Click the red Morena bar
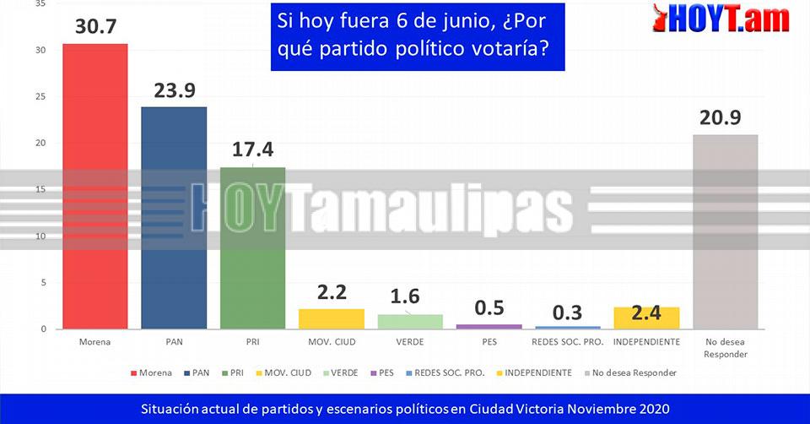[x=94, y=186]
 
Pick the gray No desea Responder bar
[x=725, y=231]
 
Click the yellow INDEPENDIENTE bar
[x=646, y=318]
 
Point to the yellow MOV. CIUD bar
[x=332, y=319]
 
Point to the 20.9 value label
[x=720, y=118]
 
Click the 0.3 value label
[x=567, y=313]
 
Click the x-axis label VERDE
[x=410, y=342]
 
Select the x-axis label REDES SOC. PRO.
[x=567, y=342]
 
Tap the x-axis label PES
[x=489, y=342]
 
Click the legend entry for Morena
[x=152, y=372]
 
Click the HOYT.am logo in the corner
[x=721, y=19]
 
